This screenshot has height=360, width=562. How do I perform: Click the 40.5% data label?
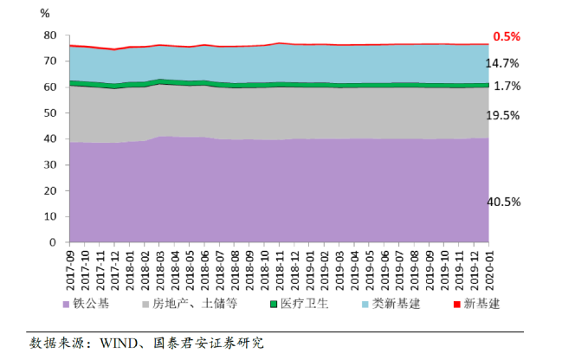point(505,202)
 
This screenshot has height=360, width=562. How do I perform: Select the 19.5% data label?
point(505,115)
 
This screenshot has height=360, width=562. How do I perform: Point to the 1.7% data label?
point(507,87)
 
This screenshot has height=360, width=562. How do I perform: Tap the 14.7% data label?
point(505,63)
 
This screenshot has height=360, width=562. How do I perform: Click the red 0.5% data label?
point(507,36)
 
